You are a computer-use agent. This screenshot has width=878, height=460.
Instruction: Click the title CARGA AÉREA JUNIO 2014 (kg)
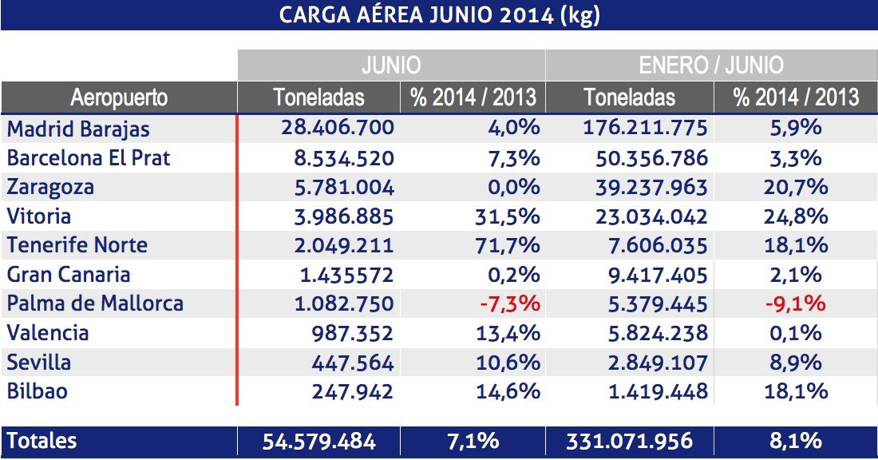point(439,16)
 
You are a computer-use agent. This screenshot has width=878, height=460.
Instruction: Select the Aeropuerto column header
point(119,97)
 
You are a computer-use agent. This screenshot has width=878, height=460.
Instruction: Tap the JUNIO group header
point(390,65)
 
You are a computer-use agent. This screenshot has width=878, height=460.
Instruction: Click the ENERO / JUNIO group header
point(710,65)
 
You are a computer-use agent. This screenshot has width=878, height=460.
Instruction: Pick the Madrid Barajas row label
point(78,128)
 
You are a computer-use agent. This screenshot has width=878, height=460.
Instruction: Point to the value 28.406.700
point(338,128)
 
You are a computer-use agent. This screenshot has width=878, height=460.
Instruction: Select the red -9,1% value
point(795,304)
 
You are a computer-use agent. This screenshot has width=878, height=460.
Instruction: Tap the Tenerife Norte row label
point(77,245)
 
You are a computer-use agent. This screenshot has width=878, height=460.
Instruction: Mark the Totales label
point(42,441)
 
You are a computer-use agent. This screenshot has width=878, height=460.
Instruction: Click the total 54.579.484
point(319,441)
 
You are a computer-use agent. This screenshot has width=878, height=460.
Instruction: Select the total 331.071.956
point(630,441)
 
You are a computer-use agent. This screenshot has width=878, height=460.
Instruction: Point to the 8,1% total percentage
point(795,441)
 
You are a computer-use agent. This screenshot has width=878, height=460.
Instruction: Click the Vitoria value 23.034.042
point(651,216)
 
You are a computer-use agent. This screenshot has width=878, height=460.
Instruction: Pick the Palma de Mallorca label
point(95,304)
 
